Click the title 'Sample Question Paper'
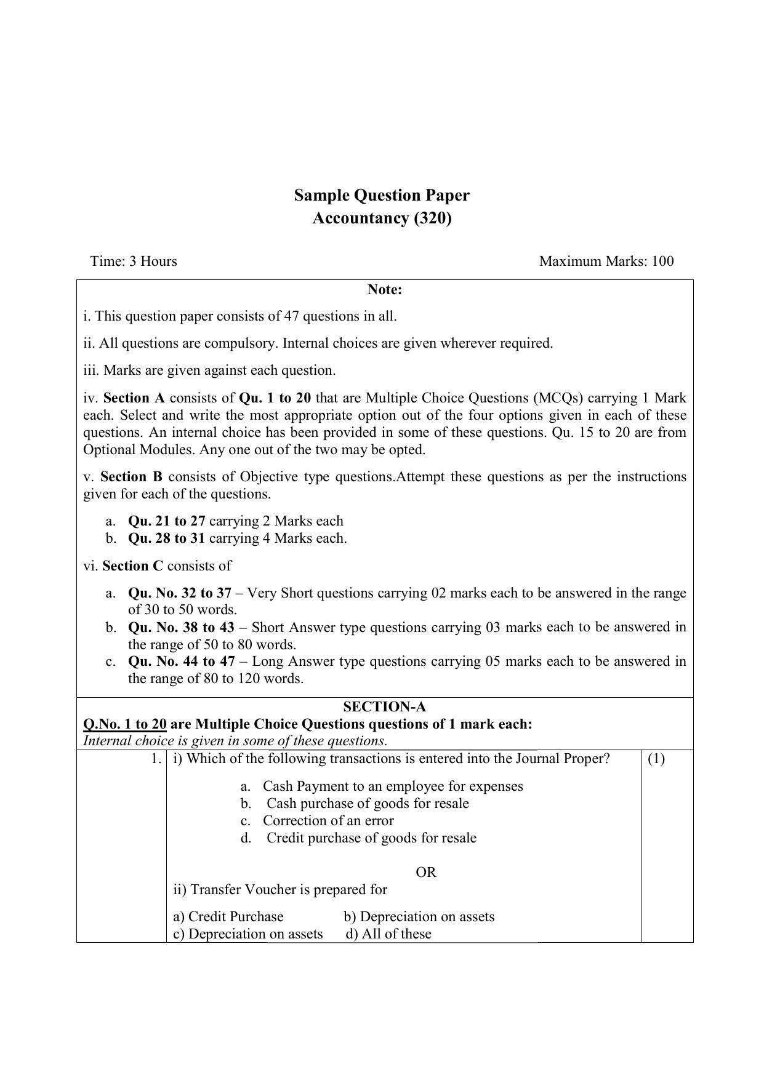382,195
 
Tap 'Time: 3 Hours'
134,261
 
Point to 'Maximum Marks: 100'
606,261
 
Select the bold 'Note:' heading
384,289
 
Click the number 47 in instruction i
291,316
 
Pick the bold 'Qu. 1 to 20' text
275,398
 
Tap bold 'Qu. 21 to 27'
166,521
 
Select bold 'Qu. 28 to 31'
166,538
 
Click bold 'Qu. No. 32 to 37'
179,593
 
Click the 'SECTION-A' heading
384,706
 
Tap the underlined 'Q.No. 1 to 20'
125,724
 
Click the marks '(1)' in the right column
656,759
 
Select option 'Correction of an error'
328,821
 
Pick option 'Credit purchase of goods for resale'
371,838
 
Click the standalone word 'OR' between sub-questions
426,872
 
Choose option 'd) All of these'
388,934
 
